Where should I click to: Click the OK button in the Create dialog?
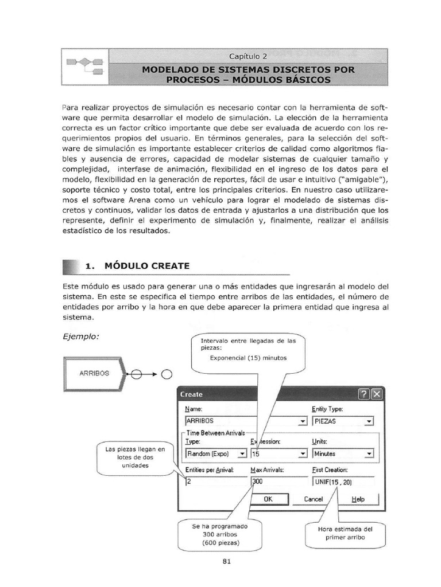click(x=268, y=499)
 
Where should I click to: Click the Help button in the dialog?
click(x=358, y=499)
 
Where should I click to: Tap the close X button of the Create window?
click(x=376, y=394)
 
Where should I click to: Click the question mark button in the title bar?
click(x=363, y=394)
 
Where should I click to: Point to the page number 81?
click(x=226, y=561)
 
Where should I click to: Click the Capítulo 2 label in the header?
click(x=247, y=56)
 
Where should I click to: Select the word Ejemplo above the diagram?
click(x=80, y=336)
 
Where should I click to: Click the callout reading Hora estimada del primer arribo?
click(x=345, y=533)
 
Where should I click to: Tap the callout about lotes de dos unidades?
click(x=135, y=457)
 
